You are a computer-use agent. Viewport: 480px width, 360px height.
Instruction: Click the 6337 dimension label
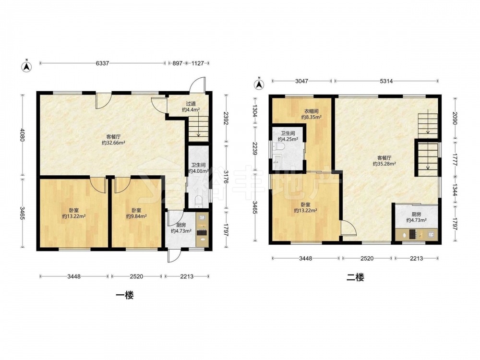102,63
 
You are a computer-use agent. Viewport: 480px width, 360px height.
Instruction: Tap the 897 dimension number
178,63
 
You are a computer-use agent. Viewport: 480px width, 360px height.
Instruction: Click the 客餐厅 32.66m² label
113,140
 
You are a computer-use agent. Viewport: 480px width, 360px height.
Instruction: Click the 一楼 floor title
125,295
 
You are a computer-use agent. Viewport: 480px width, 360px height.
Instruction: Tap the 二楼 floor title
355,277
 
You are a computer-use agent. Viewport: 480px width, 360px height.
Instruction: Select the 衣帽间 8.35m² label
311,114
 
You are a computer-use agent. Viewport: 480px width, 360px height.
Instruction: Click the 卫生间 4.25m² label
288,136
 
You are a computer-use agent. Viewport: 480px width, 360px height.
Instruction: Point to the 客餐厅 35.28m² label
384,161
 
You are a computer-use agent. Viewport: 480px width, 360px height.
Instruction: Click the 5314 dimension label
386,81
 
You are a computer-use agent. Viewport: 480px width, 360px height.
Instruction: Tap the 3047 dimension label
301,81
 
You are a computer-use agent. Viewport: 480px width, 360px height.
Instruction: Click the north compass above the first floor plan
27,66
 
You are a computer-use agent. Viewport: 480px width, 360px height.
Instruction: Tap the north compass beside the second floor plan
259,84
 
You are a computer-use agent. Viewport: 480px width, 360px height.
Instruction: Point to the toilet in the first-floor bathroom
199,202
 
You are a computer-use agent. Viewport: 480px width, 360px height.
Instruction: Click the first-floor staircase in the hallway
198,130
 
